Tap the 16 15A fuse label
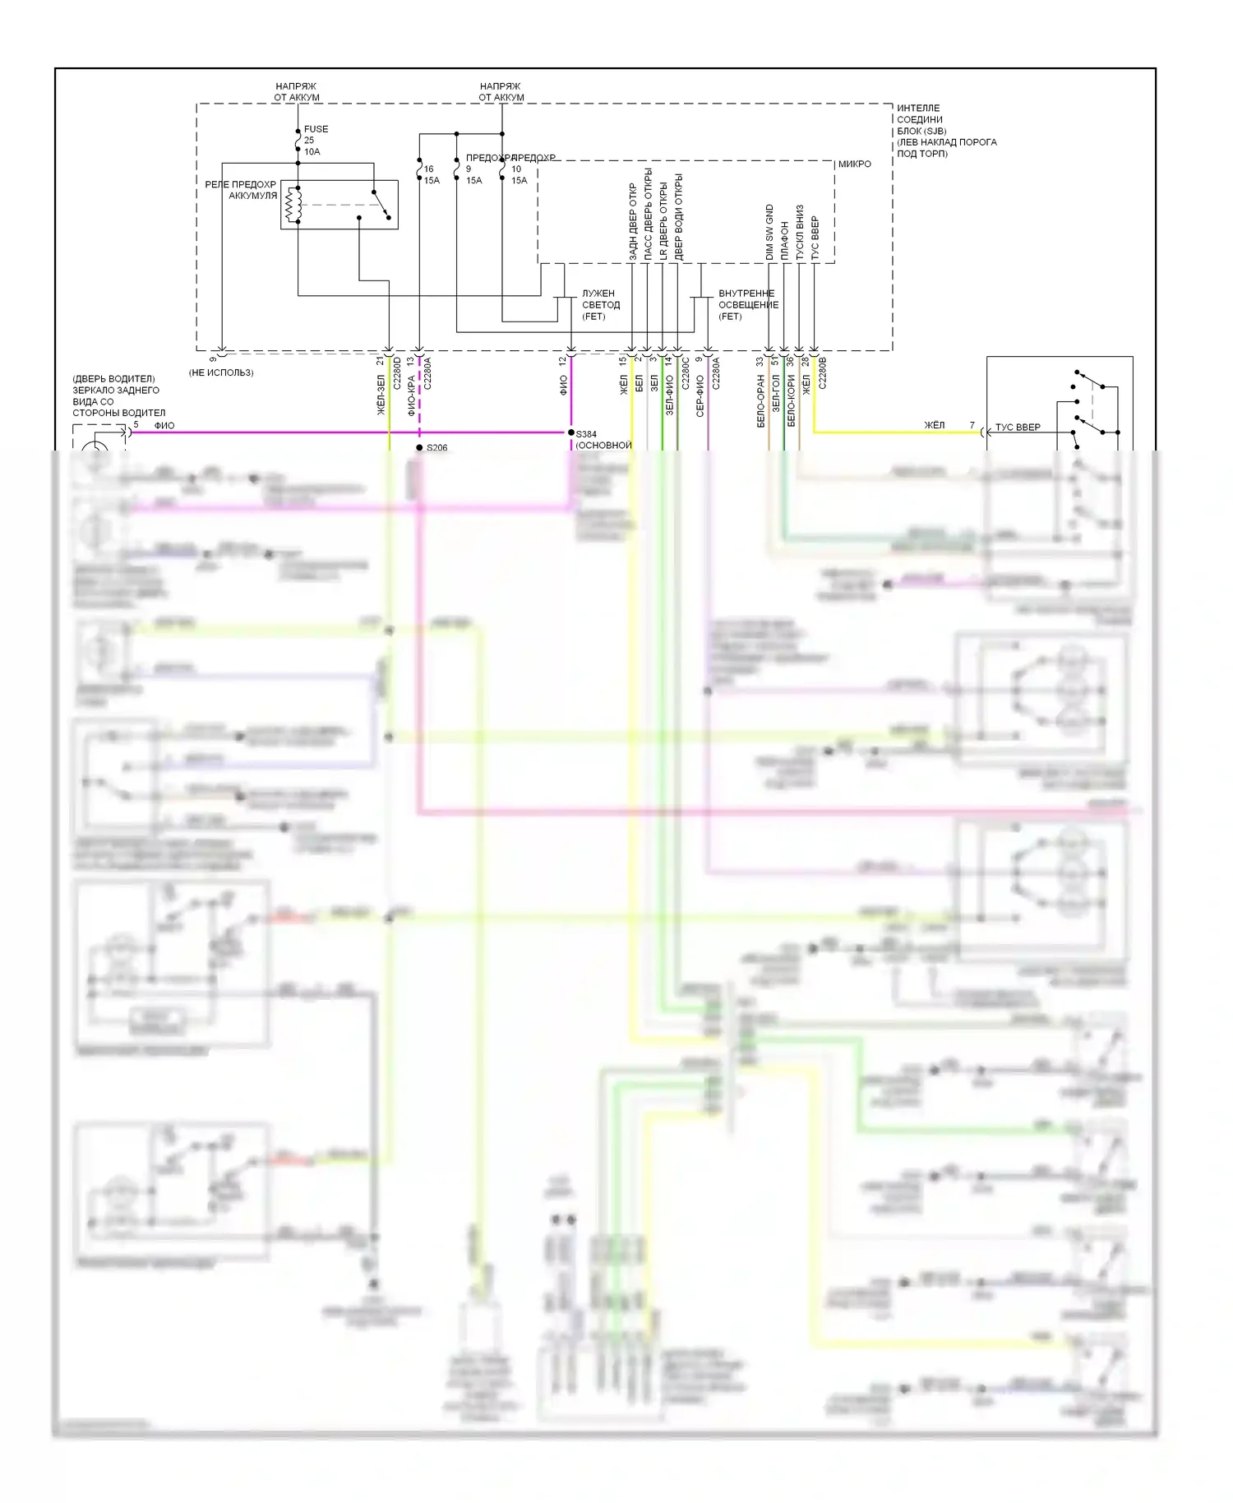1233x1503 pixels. point(431,174)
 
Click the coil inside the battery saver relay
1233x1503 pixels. point(293,205)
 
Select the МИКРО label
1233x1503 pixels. point(855,164)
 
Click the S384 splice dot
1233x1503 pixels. point(571,432)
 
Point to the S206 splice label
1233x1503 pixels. point(437,448)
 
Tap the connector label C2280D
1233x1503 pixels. point(397,372)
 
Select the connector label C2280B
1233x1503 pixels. point(823,372)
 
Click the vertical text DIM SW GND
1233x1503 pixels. point(769,233)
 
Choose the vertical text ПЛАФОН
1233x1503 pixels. point(785,240)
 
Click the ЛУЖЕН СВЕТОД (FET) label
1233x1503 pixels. point(600,305)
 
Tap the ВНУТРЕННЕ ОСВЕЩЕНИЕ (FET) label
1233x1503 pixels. point(747,305)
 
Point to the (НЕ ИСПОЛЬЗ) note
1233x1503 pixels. point(221,372)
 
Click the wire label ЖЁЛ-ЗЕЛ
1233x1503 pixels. point(381,394)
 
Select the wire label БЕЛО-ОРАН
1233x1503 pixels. point(761,401)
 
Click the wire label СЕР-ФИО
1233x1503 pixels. point(700,396)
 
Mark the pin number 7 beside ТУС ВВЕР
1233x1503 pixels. point(972,426)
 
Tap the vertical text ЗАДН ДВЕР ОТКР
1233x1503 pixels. point(633,222)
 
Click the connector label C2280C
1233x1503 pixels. point(686,372)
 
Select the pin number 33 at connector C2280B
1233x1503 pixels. point(760,361)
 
